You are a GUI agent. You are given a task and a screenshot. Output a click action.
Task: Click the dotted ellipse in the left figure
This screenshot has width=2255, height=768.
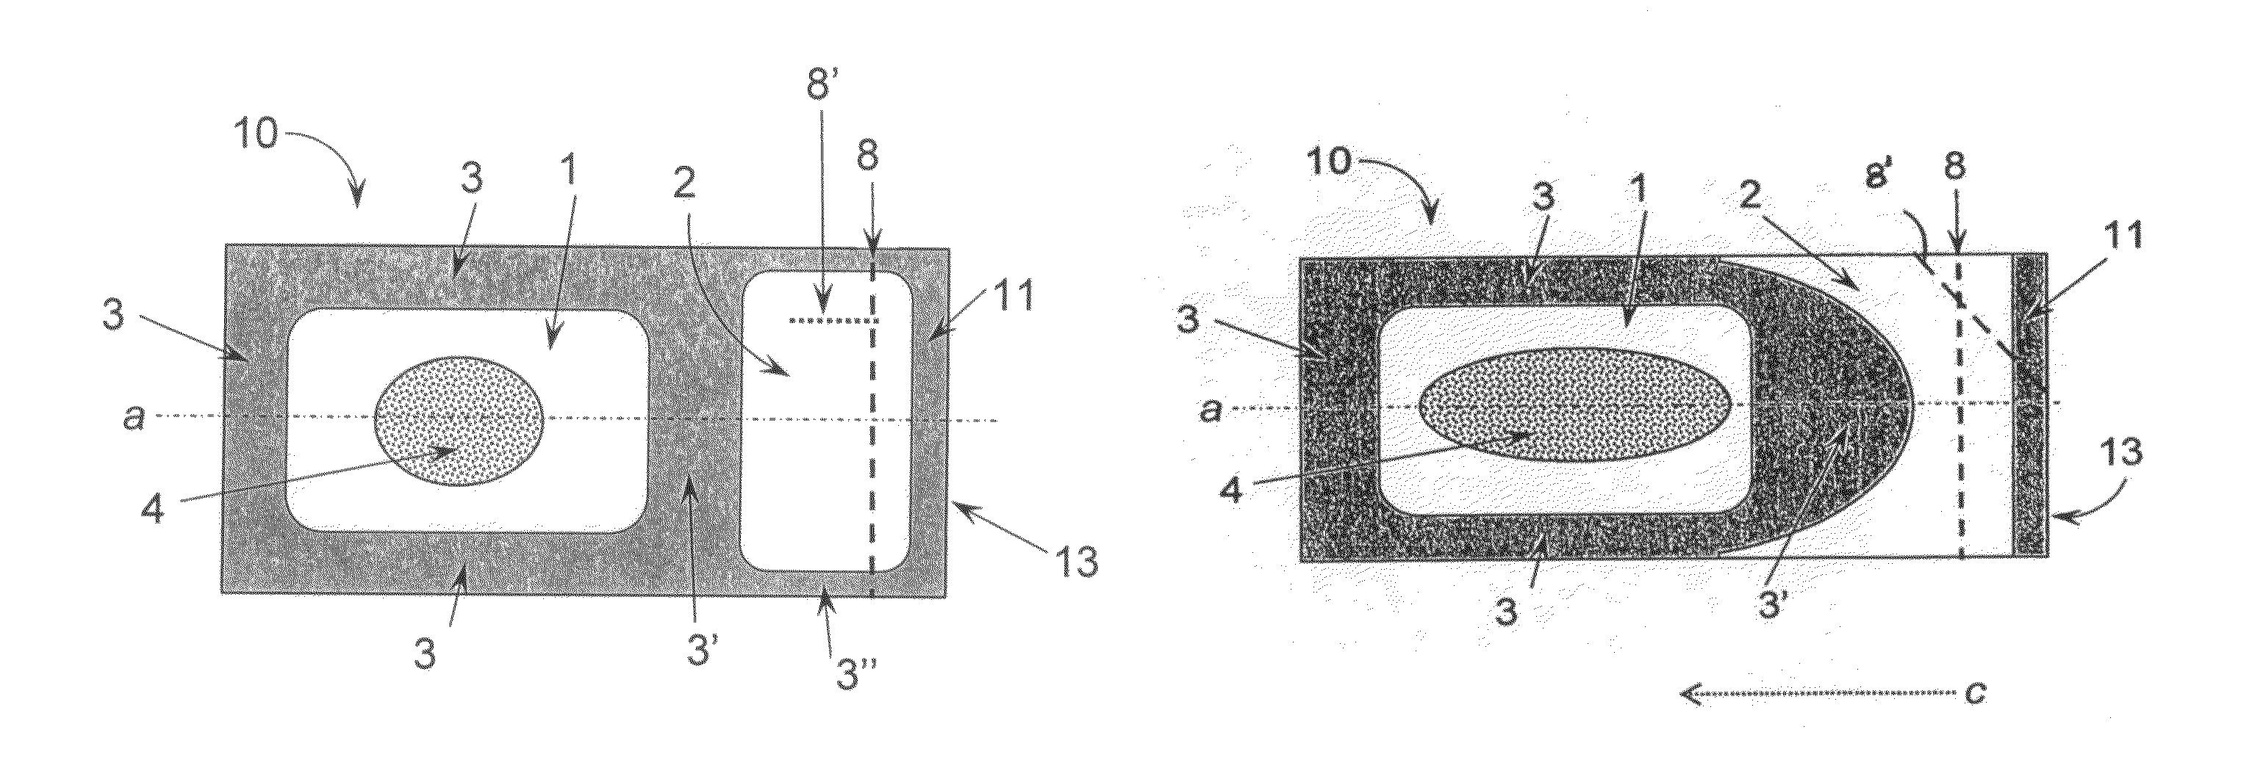click(459, 420)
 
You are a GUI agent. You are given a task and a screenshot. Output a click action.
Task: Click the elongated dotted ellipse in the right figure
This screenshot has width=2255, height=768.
click(1576, 404)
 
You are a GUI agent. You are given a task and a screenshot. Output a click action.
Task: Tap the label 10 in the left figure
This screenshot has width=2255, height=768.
click(256, 136)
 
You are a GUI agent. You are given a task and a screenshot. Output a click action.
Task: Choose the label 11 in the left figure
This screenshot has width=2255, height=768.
click(1014, 297)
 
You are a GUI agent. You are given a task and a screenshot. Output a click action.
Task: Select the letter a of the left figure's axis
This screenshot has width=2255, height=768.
click(133, 418)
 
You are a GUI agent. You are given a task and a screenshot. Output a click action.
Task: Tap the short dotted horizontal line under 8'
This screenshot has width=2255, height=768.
click(833, 321)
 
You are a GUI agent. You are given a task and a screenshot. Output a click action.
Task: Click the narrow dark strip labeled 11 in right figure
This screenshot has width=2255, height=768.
click(2032, 404)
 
